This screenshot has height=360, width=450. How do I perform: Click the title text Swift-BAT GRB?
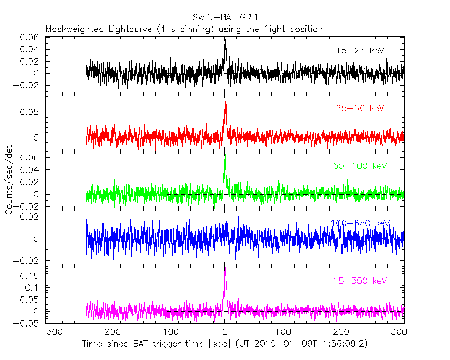coord(225,18)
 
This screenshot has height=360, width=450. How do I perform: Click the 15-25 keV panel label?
coord(359,51)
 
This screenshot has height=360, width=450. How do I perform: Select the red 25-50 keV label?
coord(359,109)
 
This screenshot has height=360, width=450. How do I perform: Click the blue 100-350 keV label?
coord(359,223)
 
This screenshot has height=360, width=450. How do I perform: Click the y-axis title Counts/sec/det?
coord(9,180)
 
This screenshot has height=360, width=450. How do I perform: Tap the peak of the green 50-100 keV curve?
coord(225,158)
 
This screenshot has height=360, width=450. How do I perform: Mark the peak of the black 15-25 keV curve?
coord(225,39)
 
